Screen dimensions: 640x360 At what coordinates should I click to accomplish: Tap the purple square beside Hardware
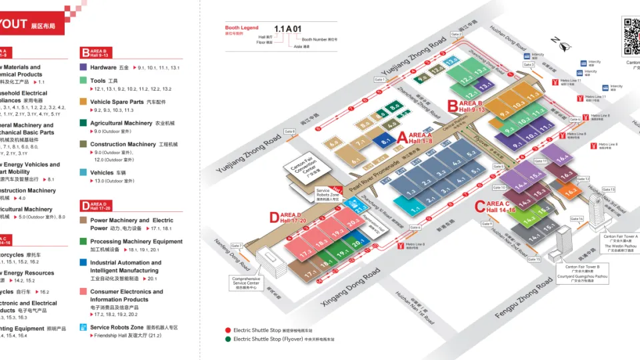[84, 67]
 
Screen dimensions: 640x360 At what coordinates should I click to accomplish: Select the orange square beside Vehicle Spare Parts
[84, 102]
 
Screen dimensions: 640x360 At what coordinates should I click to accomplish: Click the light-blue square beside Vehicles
[84, 173]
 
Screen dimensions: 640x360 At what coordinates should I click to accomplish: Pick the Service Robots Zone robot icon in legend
[84, 327]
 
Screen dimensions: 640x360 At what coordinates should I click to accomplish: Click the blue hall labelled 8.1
[385, 141]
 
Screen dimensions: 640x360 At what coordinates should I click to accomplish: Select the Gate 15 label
[533, 259]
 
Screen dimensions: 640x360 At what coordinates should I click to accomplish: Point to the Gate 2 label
[456, 33]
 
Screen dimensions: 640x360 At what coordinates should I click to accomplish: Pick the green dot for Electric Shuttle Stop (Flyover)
[228, 339]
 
